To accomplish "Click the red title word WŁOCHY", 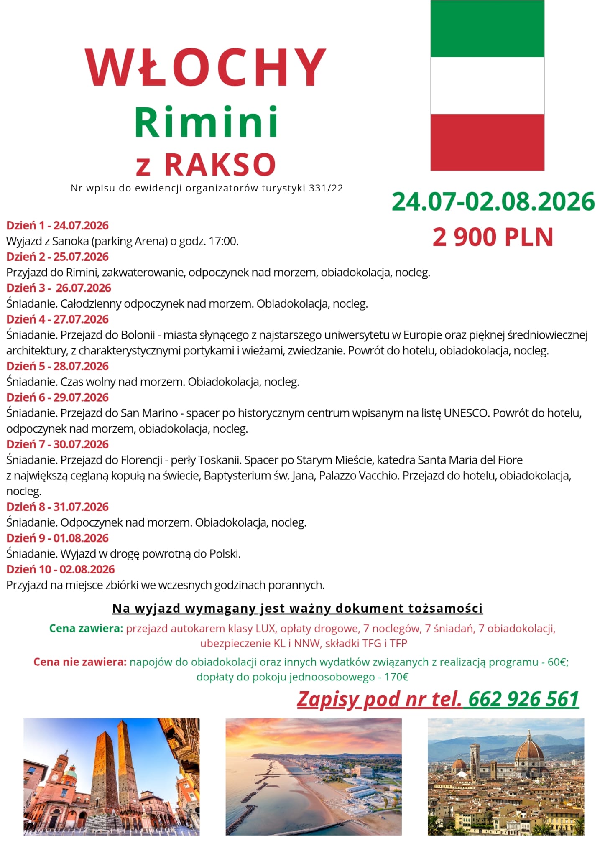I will point(206,68).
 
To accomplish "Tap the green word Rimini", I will point(206,122).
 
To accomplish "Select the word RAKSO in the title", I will point(220,164).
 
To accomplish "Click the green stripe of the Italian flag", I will point(487,28).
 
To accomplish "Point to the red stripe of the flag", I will point(487,142).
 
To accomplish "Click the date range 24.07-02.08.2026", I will point(493,202).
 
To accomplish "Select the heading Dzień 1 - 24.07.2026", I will point(57,226).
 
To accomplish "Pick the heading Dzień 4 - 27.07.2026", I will point(57,319).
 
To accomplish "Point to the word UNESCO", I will point(466,413).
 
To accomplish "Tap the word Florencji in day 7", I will point(141,460).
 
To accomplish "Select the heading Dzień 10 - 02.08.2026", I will point(60,569).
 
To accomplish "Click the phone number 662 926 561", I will point(523,699).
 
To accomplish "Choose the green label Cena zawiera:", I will point(86,629).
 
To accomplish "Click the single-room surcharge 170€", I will point(396,677).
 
